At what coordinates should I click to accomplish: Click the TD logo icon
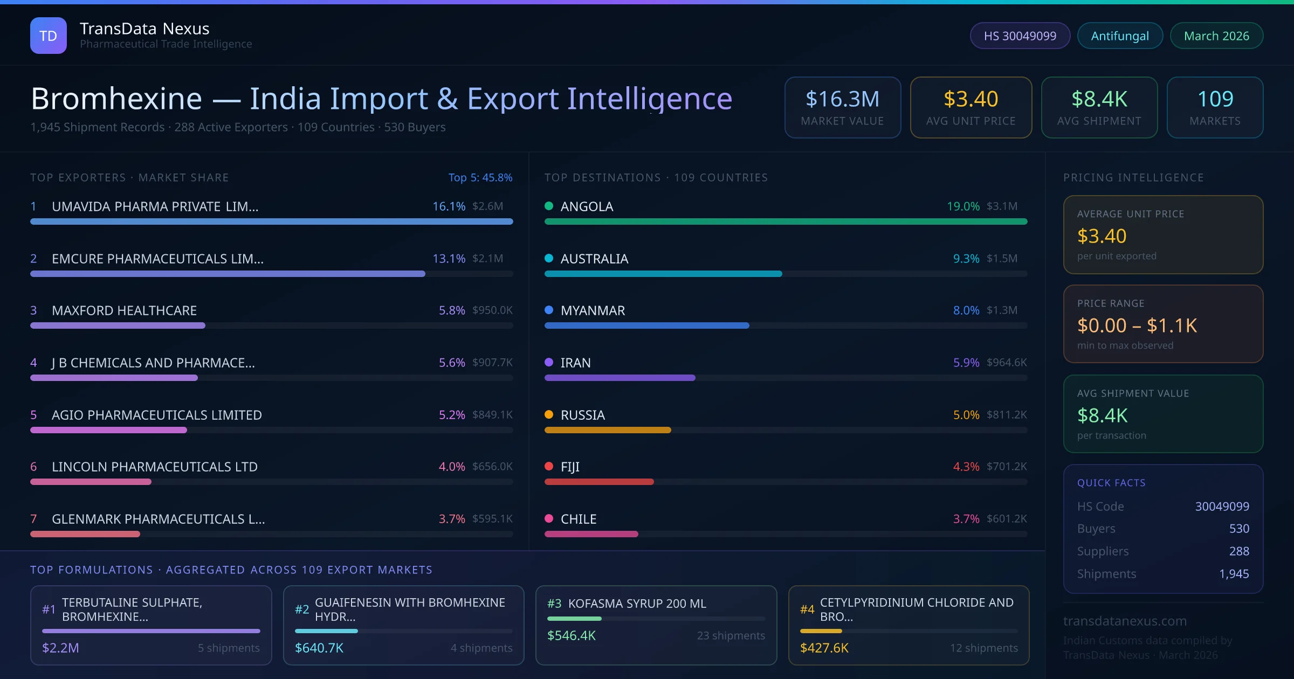pos(49,36)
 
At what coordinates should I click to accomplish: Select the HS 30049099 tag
pos(1020,36)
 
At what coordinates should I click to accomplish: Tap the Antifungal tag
pos(1119,36)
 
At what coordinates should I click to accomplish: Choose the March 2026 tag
pos(1216,36)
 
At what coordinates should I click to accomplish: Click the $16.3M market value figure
pos(842,99)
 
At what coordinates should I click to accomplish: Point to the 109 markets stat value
pos(1215,99)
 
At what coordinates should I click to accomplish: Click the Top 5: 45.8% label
pos(480,177)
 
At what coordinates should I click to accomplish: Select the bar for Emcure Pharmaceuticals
pos(228,274)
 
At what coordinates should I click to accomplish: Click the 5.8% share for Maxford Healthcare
pos(451,310)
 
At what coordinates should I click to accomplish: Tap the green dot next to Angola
pos(549,206)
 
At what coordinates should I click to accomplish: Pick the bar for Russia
pos(608,430)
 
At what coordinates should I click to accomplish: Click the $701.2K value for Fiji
pos(1006,467)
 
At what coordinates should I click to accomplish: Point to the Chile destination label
pos(578,519)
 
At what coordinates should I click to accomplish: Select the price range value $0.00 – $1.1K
pos(1137,325)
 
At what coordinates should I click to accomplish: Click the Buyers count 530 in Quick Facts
pos(1238,529)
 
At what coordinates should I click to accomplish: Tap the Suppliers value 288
pos(1238,551)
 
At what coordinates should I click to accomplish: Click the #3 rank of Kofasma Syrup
pos(554,604)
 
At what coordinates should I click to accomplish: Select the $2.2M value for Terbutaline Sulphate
pos(60,648)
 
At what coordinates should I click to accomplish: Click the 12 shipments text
pos(983,648)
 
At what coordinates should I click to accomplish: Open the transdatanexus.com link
pos(1125,621)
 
